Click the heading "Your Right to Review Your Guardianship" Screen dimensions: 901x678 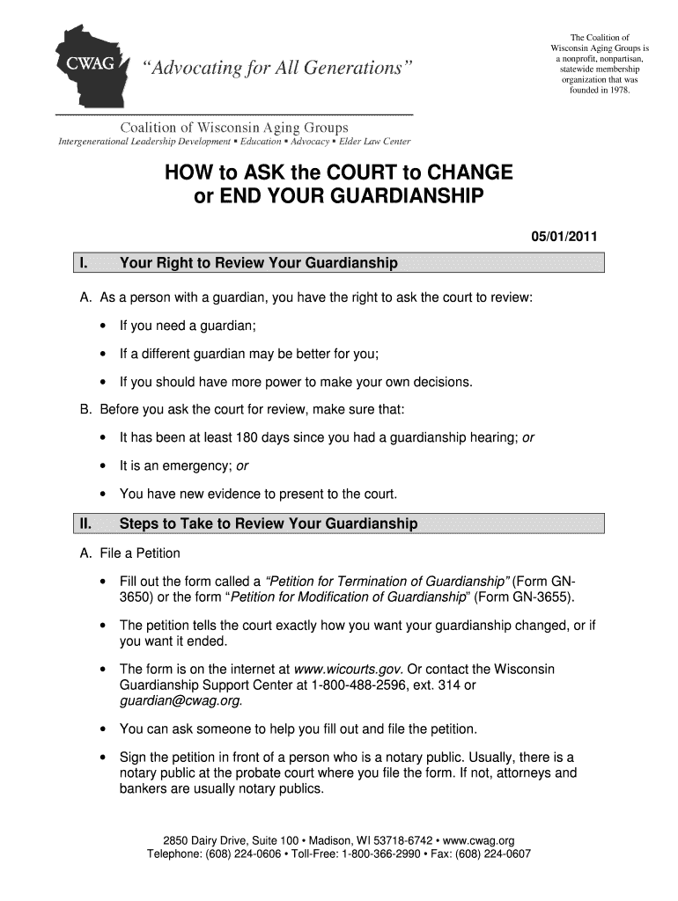tap(258, 263)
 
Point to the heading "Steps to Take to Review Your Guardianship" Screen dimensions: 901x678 tap(268, 524)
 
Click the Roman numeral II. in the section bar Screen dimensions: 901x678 tap(86, 524)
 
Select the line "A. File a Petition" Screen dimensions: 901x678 tap(129, 553)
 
